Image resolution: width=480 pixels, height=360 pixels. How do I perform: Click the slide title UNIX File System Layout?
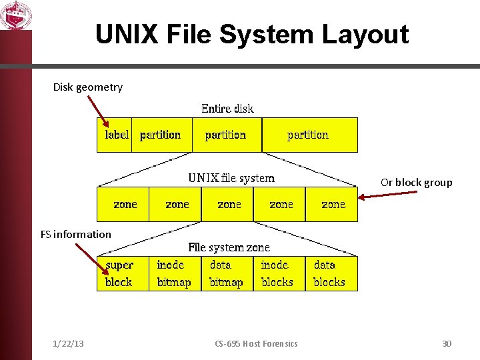(x=251, y=35)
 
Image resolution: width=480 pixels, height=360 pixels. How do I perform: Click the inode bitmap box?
(x=175, y=273)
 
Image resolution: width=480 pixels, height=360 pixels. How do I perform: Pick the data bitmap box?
(x=227, y=273)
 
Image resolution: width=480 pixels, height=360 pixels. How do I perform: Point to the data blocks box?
(x=331, y=273)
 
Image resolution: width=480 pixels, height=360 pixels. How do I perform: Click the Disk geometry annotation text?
(x=87, y=87)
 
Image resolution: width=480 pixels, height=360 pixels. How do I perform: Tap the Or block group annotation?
(x=416, y=182)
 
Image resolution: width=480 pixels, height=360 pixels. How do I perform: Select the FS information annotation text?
(x=75, y=234)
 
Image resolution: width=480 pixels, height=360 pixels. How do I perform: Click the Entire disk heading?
(x=227, y=108)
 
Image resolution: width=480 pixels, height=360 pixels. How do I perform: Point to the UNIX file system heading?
(x=231, y=177)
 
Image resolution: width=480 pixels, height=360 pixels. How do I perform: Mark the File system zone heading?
(x=229, y=247)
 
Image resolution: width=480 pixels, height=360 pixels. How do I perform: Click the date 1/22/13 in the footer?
(x=68, y=343)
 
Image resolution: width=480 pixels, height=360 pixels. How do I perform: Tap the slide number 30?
(x=447, y=343)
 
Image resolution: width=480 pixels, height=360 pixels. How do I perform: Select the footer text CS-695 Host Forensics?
(x=256, y=343)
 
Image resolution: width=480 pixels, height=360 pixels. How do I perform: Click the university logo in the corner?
(x=15, y=15)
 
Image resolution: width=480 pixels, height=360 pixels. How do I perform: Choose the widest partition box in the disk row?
(x=309, y=135)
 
